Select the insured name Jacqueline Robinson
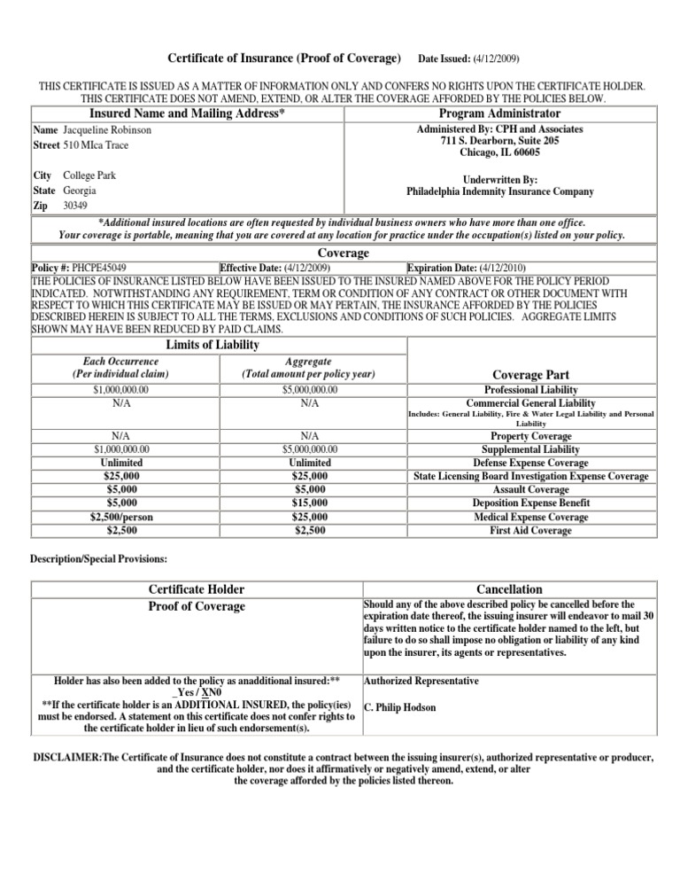point(107,129)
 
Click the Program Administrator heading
point(499,113)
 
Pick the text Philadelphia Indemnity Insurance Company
point(499,191)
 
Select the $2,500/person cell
point(119,517)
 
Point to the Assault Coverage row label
point(531,490)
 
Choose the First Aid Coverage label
point(531,530)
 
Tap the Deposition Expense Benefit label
point(531,503)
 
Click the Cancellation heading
point(510,589)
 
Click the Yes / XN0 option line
point(198,693)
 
